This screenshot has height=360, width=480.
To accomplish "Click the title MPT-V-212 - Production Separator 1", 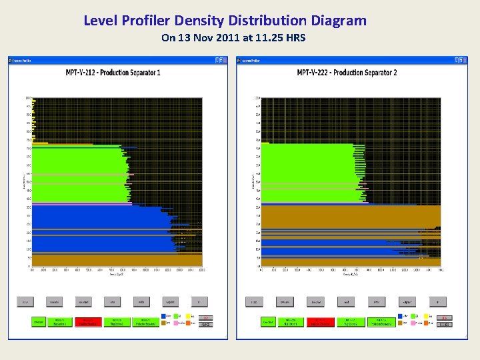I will point(113,72).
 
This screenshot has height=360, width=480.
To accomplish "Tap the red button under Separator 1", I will point(87,322).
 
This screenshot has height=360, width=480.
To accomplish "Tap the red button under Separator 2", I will point(321,322).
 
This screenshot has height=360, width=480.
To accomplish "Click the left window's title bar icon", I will point(11,60).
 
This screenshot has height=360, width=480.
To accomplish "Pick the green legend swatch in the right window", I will point(415,317).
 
